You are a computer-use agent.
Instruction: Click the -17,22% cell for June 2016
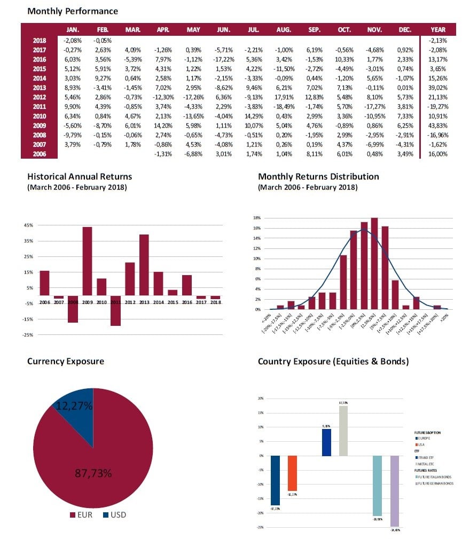point(224,59)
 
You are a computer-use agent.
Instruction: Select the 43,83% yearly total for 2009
point(437,126)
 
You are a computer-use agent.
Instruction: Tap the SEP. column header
point(314,30)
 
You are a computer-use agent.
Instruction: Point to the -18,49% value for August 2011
point(284,107)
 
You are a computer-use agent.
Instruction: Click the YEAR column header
point(437,30)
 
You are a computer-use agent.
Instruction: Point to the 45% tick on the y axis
point(29,225)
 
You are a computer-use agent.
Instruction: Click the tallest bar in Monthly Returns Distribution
point(374,263)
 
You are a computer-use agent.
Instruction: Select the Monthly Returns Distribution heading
point(318,176)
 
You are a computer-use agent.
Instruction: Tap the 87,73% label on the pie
point(93,473)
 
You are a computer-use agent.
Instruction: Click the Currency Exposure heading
point(66,362)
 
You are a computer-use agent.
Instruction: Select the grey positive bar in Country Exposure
point(343,431)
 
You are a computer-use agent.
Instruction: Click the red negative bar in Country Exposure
point(292,473)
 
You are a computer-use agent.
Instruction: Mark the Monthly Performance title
point(73,11)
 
